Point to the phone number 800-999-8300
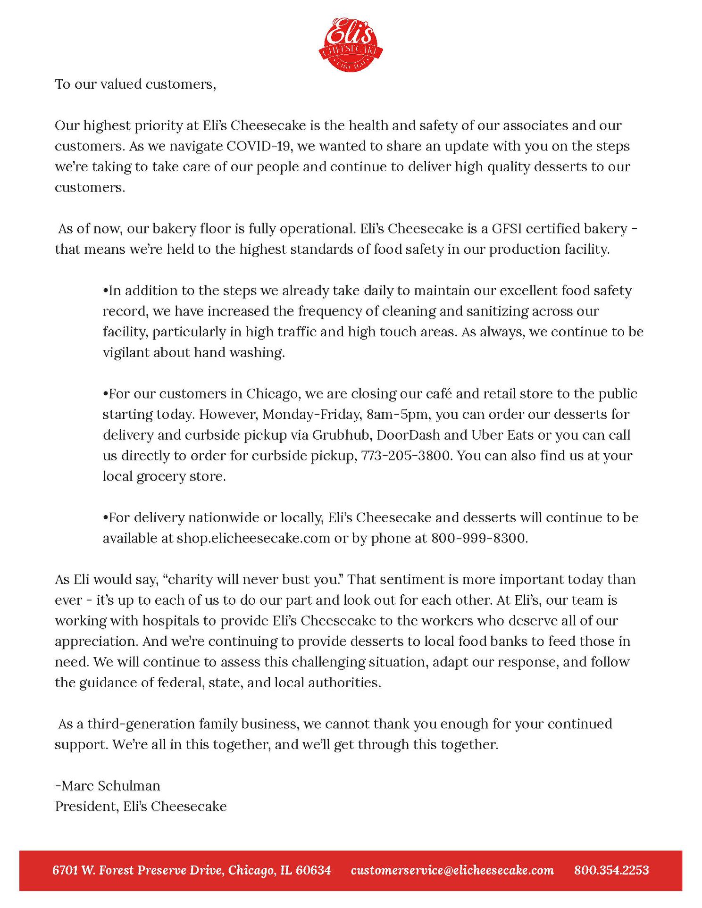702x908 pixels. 479,538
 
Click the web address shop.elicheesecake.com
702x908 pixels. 253,538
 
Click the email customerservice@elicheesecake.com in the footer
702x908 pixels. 452,870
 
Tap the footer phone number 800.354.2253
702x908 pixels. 611,870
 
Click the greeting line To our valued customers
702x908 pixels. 135,84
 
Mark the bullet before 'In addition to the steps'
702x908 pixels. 106,291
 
